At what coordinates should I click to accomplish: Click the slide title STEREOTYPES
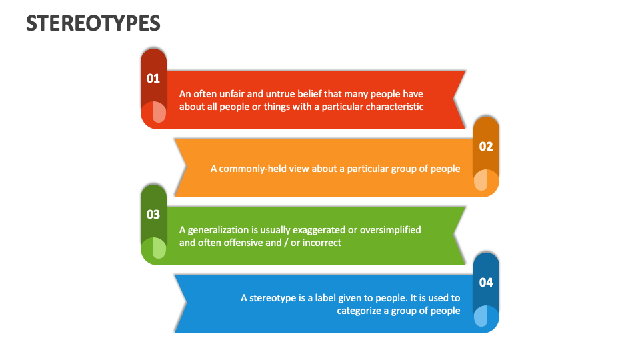(93, 23)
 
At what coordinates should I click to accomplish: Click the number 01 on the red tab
(153, 78)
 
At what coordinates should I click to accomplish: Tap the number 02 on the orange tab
(486, 147)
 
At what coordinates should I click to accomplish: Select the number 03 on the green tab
(153, 215)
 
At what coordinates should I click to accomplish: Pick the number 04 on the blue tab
(486, 282)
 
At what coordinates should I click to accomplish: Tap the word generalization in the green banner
(217, 229)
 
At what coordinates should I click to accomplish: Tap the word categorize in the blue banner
(363, 311)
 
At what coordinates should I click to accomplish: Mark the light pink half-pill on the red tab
(159, 112)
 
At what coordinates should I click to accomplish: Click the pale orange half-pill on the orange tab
(480, 181)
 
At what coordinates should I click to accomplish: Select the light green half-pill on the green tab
(159, 249)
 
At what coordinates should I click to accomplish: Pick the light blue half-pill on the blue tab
(480, 316)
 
